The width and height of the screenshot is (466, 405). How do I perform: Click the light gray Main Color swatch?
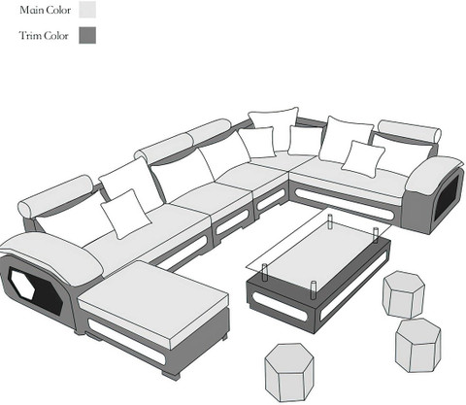coord(87,10)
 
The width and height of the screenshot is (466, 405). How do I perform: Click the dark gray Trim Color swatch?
coord(87,35)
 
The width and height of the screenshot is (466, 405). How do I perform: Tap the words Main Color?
coord(45,10)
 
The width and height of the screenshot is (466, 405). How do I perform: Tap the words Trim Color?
coord(44,35)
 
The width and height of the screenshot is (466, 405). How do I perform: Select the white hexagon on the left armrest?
coord(23,284)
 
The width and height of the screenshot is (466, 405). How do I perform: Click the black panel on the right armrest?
coord(447,198)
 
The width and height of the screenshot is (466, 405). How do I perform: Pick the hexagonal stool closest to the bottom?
coord(289,372)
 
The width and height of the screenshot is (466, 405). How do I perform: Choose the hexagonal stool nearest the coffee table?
coord(404,294)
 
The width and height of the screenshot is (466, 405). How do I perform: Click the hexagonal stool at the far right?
coord(418,345)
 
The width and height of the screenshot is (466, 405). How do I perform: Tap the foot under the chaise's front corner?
coord(171,375)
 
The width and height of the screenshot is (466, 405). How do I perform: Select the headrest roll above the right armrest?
coord(410,131)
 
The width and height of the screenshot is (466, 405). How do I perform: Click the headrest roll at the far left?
coord(56,195)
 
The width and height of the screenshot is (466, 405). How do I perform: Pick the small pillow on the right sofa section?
coord(363,158)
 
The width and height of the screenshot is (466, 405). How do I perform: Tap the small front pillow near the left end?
coord(125,214)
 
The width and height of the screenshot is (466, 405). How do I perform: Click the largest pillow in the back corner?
coord(275,128)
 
